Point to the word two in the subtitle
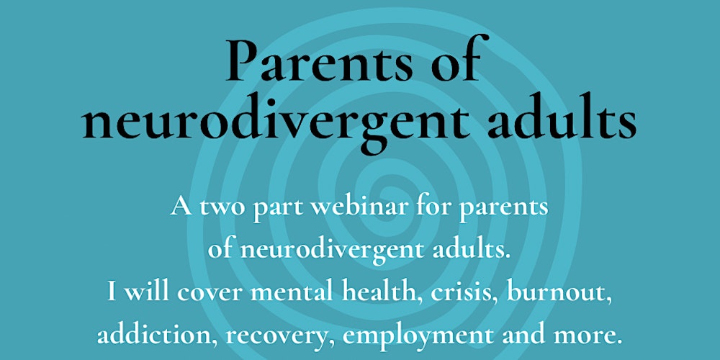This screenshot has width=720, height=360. tap(221, 208)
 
